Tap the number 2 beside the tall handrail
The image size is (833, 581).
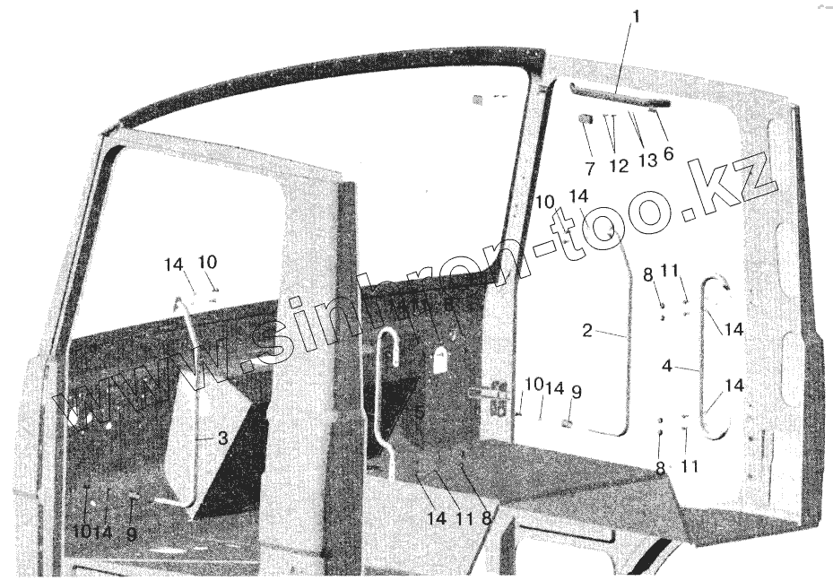(x=586, y=331)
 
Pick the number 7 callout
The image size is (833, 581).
(x=589, y=168)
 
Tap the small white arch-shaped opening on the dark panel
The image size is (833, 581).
(x=440, y=360)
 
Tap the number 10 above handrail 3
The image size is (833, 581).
(x=207, y=262)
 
